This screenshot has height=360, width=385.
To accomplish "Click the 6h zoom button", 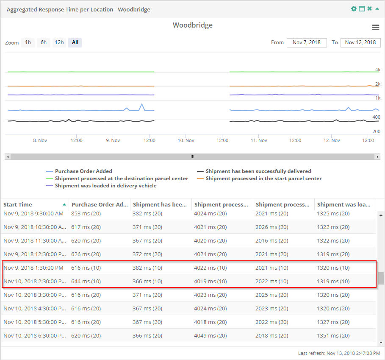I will (x=43, y=42).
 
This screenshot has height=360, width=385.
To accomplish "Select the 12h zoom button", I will (x=59, y=42).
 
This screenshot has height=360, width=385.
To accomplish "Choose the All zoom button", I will (x=75, y=42).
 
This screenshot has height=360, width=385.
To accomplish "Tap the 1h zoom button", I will (x=28, y=42).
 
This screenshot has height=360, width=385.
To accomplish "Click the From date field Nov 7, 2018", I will (x=307, y=42).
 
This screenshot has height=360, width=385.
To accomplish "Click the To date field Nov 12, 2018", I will (x=360, y=42).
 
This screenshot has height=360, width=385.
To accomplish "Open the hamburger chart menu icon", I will (x=375, y=27).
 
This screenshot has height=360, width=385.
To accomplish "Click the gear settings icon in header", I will (x=354, y=9).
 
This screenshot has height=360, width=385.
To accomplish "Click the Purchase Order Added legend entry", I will (x=83, y=171).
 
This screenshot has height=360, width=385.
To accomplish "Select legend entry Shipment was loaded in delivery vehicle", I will (x=105, y=186).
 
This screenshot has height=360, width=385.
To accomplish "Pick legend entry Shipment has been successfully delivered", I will (x=258, y=171).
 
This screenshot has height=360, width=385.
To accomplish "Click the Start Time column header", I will (x=18, y=204).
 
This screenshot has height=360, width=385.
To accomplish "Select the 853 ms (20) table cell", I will (x=86, y=214).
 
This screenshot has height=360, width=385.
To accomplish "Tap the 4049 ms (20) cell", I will (x=211, y=335).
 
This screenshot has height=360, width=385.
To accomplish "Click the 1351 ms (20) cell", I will (x=333, y=335).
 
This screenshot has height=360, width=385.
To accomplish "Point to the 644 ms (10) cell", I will (x=86, y=281).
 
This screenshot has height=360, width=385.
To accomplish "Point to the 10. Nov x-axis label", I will (x=186, y=140).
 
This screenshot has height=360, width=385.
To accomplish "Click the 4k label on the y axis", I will (x=377, y=70).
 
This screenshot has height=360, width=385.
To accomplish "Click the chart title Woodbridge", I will (x=192, y=25).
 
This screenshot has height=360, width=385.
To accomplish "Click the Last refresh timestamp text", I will (x=339, y=353).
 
